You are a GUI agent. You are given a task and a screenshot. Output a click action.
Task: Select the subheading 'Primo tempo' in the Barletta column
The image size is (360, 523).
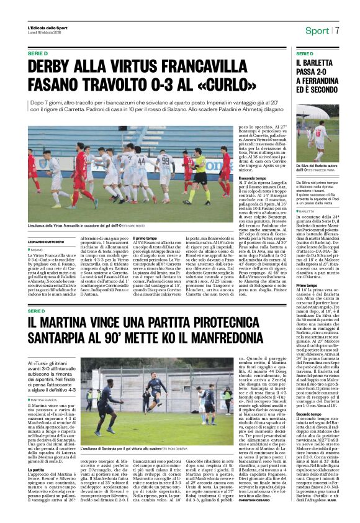pos(307,285)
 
